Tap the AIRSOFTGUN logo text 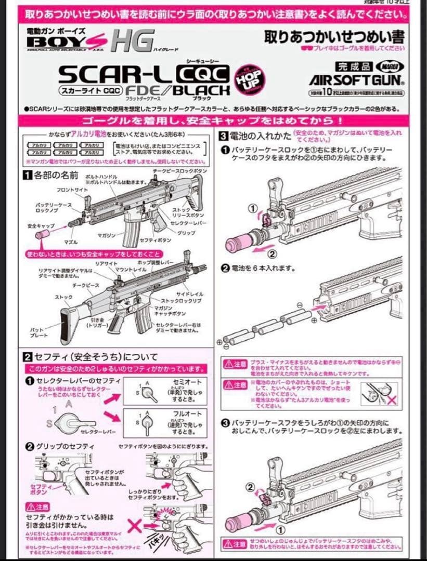(x=357, y=81)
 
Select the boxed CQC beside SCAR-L (x=203, y=75)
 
